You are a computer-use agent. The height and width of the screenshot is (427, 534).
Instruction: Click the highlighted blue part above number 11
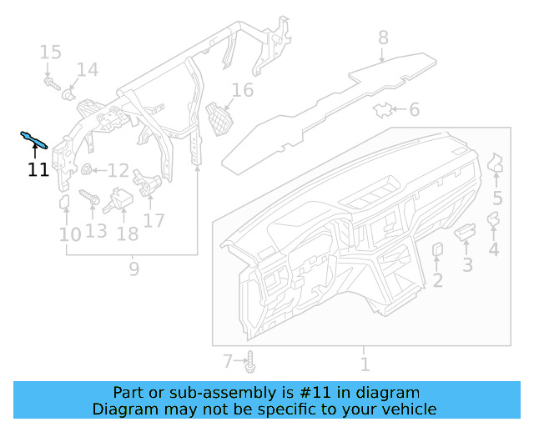[x=34, y=139]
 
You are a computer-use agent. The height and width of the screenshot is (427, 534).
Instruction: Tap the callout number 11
[x=38, y=170]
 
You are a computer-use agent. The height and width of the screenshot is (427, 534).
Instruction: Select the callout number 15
[x=51, y=53]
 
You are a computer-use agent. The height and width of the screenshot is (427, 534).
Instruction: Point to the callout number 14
[x=88, y=70]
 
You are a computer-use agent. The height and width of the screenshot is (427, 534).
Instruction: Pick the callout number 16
[x=242, y=90]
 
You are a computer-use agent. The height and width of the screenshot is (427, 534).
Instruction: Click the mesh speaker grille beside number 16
[x=219, y=118]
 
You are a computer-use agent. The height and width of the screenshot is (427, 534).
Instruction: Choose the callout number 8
[x=383, y=38]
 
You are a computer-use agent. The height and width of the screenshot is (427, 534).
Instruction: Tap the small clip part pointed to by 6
[x=383, y=108]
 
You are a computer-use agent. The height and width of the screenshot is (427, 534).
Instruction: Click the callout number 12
[x=118, y=171]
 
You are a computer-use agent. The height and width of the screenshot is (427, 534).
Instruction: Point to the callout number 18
[x=127, y=234]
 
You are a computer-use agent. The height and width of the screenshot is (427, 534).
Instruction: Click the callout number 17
[x=154, y=220]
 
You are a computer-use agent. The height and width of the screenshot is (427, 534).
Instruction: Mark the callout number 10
[x=69, y=235]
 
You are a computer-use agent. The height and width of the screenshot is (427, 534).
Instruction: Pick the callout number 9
[x=133, y=269]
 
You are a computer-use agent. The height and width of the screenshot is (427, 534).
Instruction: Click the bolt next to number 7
[x=251, y=362]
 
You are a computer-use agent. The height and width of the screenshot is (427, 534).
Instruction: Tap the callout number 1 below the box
[x=365, y=364]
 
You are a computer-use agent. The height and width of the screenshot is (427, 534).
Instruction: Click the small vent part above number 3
[x=465, y=230]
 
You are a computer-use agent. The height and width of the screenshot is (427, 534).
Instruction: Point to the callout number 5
[x=497, y=198]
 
